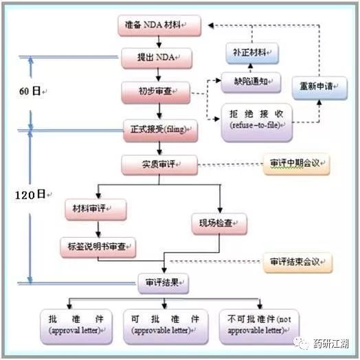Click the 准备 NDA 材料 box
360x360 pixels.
coord(159,25)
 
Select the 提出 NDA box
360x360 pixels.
coord(157,58)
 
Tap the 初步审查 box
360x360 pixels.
coord(156,93)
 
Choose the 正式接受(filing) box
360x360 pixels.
coord(161,130)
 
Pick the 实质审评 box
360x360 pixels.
coord(159,165)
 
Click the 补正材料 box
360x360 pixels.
coord(252,54)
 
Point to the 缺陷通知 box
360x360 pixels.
coord(251,82)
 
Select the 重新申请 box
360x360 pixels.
coord(319,88)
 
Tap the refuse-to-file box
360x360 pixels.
coord(257,122)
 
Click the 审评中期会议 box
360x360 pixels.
coord(297,164)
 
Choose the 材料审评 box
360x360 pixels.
coord(95,210)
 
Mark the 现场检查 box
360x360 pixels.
coord(219,223)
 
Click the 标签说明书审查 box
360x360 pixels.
coord(98,247)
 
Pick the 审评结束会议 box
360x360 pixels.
coord(297,262)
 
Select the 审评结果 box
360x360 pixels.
coord(164,283)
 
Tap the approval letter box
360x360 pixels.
coord(76,327)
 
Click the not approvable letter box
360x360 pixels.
coord(260,327)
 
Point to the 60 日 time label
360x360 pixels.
coord(30,91)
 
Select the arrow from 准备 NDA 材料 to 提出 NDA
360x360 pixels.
coord(159,42)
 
